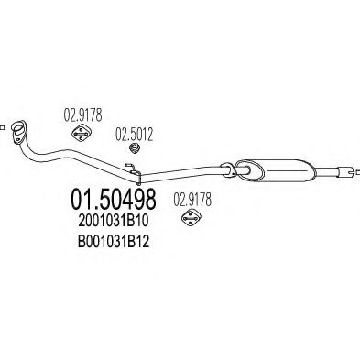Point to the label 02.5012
click(x=133, y=133)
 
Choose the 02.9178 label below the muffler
click(x=191, y=195)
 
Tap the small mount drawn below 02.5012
click(x=134, y=150)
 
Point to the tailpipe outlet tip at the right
click(x=351, y=170)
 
